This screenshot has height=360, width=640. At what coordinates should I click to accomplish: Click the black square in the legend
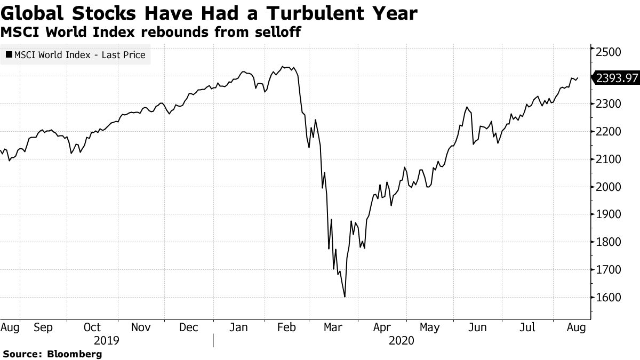[9, 54]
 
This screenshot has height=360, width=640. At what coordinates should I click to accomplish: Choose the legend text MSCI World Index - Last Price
[79, 54]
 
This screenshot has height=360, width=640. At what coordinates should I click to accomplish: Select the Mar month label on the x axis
[334, 327]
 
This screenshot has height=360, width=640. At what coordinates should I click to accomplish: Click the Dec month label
[189, 327]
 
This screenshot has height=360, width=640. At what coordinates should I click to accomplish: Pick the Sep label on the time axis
[43, 327]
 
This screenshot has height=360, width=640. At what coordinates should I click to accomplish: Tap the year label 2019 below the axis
[107, 340]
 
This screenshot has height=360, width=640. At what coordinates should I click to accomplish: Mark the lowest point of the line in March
[345, 297]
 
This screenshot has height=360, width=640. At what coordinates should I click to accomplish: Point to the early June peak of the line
[467, 107]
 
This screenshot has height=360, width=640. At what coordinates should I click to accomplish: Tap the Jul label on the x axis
[527, 327]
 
